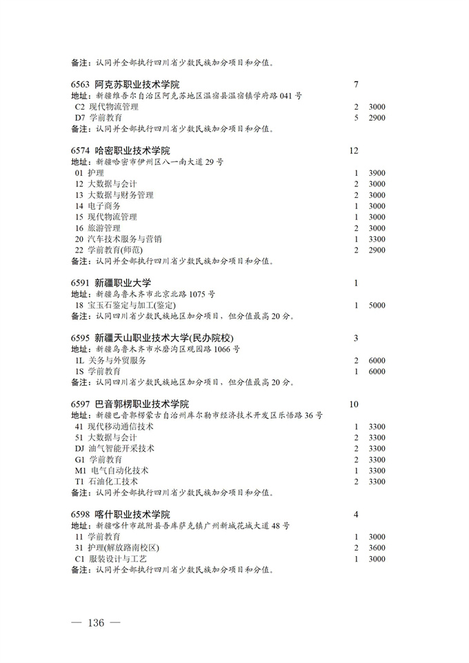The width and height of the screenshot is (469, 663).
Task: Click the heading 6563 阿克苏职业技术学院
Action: pos(120,85)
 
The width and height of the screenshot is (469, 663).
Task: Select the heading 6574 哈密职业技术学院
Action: pos(120,151)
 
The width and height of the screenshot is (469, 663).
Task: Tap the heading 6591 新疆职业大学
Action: pos(110,283)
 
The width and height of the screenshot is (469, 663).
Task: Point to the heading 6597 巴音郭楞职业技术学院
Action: pos(130,404)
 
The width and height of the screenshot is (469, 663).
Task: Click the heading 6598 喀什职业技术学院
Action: pos(120,515)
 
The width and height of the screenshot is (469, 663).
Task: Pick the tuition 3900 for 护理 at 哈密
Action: pos(377,173)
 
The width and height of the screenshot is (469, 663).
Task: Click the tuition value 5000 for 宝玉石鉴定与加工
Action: pos(377,305)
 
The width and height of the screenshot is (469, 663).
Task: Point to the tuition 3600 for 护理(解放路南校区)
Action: pos(377,548)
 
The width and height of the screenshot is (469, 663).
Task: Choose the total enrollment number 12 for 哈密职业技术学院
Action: pos(355,151)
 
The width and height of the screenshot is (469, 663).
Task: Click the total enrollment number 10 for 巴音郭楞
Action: pos(355,404)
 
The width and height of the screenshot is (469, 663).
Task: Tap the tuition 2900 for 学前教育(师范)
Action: pos(377,250)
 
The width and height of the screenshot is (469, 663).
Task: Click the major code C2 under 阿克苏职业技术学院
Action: pos(79,107)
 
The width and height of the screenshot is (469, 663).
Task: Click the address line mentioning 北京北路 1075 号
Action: pos(159,295)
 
